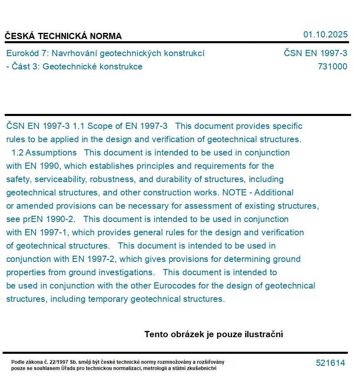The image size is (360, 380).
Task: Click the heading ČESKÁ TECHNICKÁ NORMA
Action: pyautogui.click(x=63, y=36)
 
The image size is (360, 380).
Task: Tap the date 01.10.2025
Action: pyautogui.click(x=325, y=35)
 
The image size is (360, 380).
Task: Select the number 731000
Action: pyautogui.click(x=332, y=67)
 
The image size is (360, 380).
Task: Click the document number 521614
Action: pyautogui.click(x=330, y=363)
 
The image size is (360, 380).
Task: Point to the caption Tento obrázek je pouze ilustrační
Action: pyautogui.click(x=214, y=334)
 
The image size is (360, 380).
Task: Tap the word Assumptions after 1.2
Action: pyautogui.click(x=51, y=153)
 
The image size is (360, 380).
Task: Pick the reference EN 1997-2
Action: pyautogui.click(x=94, y=259)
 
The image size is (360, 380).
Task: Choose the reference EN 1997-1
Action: pyautogui.click(x=47, y=232)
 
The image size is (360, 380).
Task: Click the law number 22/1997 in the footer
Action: pyautogui.click(x=56, y=362)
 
